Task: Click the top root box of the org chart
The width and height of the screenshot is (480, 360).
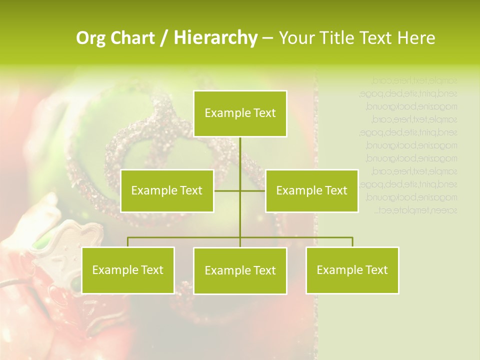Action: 240,113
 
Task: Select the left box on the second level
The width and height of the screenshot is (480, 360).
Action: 167,190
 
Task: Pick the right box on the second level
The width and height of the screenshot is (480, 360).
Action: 311,190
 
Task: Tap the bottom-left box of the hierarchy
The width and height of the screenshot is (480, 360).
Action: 128,270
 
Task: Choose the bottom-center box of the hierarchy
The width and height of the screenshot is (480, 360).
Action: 240,270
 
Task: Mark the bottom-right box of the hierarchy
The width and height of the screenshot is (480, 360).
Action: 352,270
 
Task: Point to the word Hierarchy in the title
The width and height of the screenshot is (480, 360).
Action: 215,38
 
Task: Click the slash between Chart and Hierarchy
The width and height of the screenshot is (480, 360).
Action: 164,38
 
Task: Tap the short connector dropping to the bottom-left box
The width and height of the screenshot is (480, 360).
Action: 128,242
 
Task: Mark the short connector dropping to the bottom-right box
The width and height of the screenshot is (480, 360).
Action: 352,242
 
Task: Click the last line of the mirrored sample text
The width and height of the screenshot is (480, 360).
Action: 416,210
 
